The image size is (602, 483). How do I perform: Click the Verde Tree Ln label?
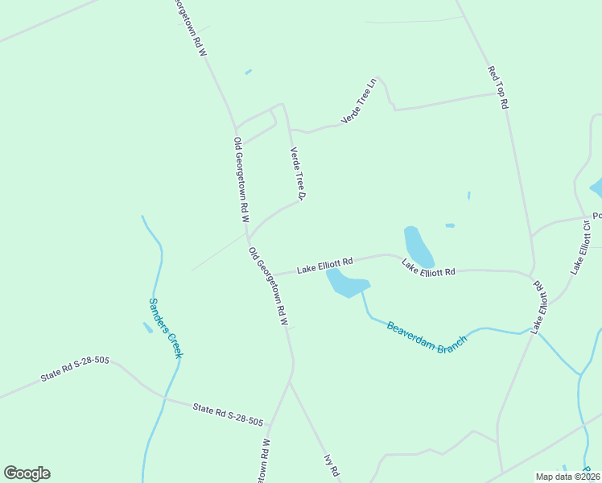click(359, 101)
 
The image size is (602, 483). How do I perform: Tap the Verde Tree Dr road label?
click(299, 173)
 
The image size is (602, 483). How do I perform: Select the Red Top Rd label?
click(498, 87)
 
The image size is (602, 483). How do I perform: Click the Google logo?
click(27, 473)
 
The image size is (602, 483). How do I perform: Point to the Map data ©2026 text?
click(567, 477)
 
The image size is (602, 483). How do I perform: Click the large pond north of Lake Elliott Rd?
click(418, 246)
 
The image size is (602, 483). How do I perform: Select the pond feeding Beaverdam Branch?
click(347, 283)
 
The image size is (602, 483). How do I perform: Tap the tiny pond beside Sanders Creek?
click(147, 327)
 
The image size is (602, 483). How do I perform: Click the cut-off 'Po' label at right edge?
click(596, 216)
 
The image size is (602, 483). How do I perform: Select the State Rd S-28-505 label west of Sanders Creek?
click(74, 371)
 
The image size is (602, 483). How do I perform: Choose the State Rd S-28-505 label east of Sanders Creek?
click(228, 415)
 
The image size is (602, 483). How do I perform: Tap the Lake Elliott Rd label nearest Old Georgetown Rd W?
click(325, 264)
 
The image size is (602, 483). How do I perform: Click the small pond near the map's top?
click(248, 72)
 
